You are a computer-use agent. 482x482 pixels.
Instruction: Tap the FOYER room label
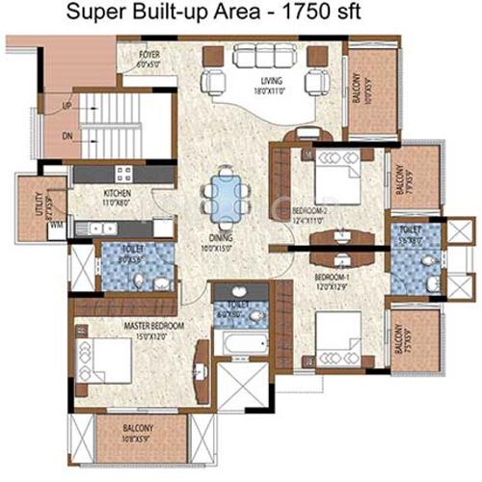(149, 55)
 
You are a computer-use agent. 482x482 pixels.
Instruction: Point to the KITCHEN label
(117, 193)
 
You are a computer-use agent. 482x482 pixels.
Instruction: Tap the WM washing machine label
(56, 224)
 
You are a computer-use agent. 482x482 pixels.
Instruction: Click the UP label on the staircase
(67, 104)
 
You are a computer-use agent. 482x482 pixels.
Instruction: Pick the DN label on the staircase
(67, 136)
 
